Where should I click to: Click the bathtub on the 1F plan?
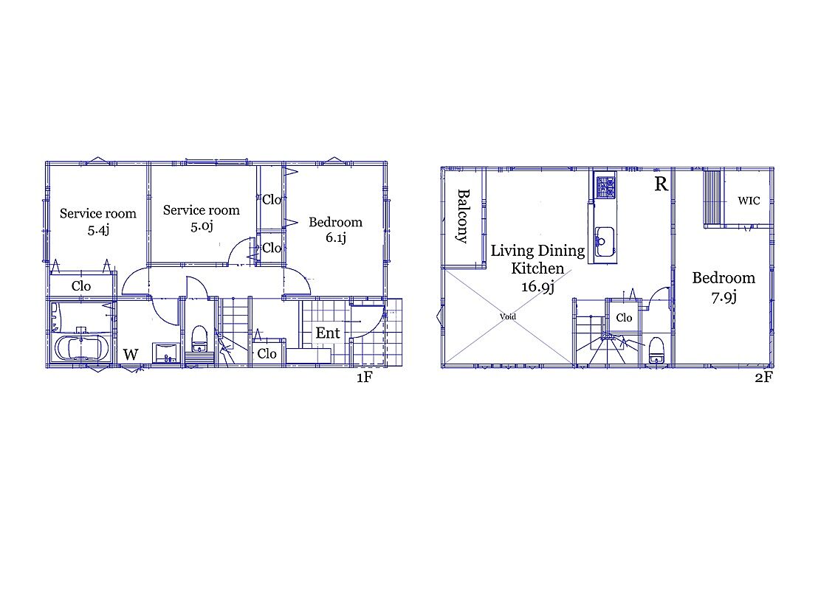(81, 348)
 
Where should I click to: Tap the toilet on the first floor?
(199, 339)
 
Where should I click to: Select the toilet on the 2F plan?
(656, 350)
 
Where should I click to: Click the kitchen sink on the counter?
(605, 242)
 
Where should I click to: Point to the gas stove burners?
(605, 187)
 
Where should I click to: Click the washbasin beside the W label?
(165, 353)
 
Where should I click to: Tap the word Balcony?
(463, 216)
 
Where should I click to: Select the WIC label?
(749, 201)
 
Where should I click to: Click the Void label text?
(507, 316)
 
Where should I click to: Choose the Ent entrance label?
(328, 333)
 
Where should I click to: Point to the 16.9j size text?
(538, 287)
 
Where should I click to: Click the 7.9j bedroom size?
(724, 297)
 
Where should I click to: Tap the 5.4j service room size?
(98, 230)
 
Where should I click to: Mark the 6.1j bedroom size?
(335, 237)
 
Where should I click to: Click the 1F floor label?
(364, 377)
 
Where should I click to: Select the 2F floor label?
(763, 377)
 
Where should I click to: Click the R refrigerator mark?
(661, 184)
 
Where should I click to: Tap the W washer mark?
(131, 354)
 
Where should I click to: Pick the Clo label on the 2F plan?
(624, 318)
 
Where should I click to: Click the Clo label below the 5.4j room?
(81, 285)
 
